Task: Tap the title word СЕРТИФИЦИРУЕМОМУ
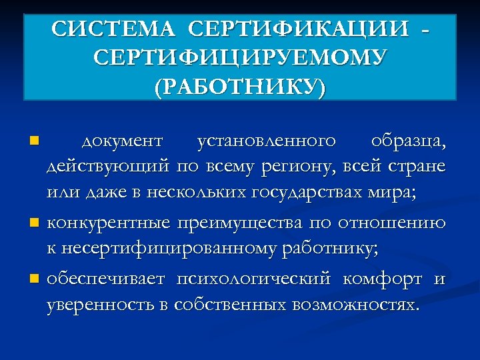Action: [x=240, y=59]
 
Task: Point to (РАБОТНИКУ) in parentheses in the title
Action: [x=240, y=87]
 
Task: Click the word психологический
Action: [x=253, y=278]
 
